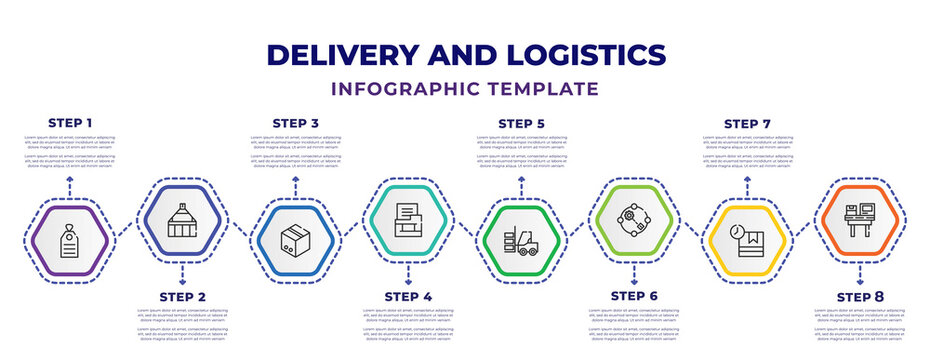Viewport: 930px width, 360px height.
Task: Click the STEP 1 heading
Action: point(69,123)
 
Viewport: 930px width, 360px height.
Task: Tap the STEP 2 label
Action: point(182,297)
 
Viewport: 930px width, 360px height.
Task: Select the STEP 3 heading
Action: point(296,123)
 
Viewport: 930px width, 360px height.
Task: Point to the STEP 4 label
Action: point(408,297)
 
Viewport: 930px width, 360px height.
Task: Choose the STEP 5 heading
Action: point(522,123)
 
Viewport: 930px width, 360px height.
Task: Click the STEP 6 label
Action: point(634,297)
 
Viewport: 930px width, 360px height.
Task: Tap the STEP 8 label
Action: point(860,297)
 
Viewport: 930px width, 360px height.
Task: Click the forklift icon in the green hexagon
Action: point(522,242)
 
